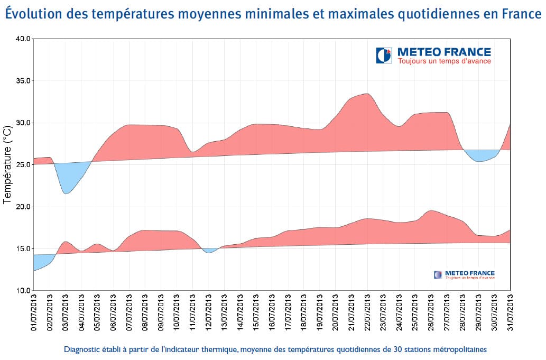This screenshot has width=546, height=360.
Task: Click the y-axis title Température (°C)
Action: click(7, 165)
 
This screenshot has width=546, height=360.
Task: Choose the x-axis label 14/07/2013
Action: click(240, 313)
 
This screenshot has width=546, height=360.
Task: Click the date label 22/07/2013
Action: click(367, 313)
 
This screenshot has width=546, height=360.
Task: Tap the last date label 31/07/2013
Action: click(510, 313)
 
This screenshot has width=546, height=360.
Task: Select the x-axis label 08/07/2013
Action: click(145, 313)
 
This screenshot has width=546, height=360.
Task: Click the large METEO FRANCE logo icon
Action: click(384, 55)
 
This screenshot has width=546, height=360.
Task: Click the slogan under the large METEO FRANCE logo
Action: click(441, 61)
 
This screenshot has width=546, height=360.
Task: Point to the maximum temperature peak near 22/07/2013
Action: click(366, 96)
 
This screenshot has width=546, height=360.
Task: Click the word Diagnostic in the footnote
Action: click(82, 349)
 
